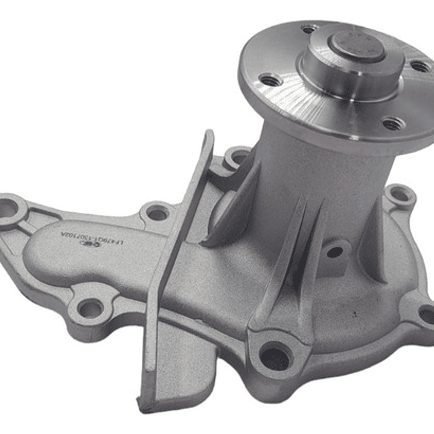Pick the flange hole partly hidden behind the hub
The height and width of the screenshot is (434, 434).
[x=310, y=28]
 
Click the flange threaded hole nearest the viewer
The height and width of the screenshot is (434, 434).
[x=393, y=124]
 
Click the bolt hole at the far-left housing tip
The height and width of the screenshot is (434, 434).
[x=8, y=208]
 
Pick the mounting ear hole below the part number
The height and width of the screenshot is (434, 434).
[x=90, y=309]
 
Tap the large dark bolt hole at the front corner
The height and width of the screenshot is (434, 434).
[x=275, y=356]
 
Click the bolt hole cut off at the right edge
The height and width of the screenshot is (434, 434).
[x=427, y=314]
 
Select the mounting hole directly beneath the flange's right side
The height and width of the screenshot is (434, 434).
[x=399, y=196]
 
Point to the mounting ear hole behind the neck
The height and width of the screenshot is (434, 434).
[x=236, y=159]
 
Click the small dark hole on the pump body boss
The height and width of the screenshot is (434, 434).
[x=334, y=252]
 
